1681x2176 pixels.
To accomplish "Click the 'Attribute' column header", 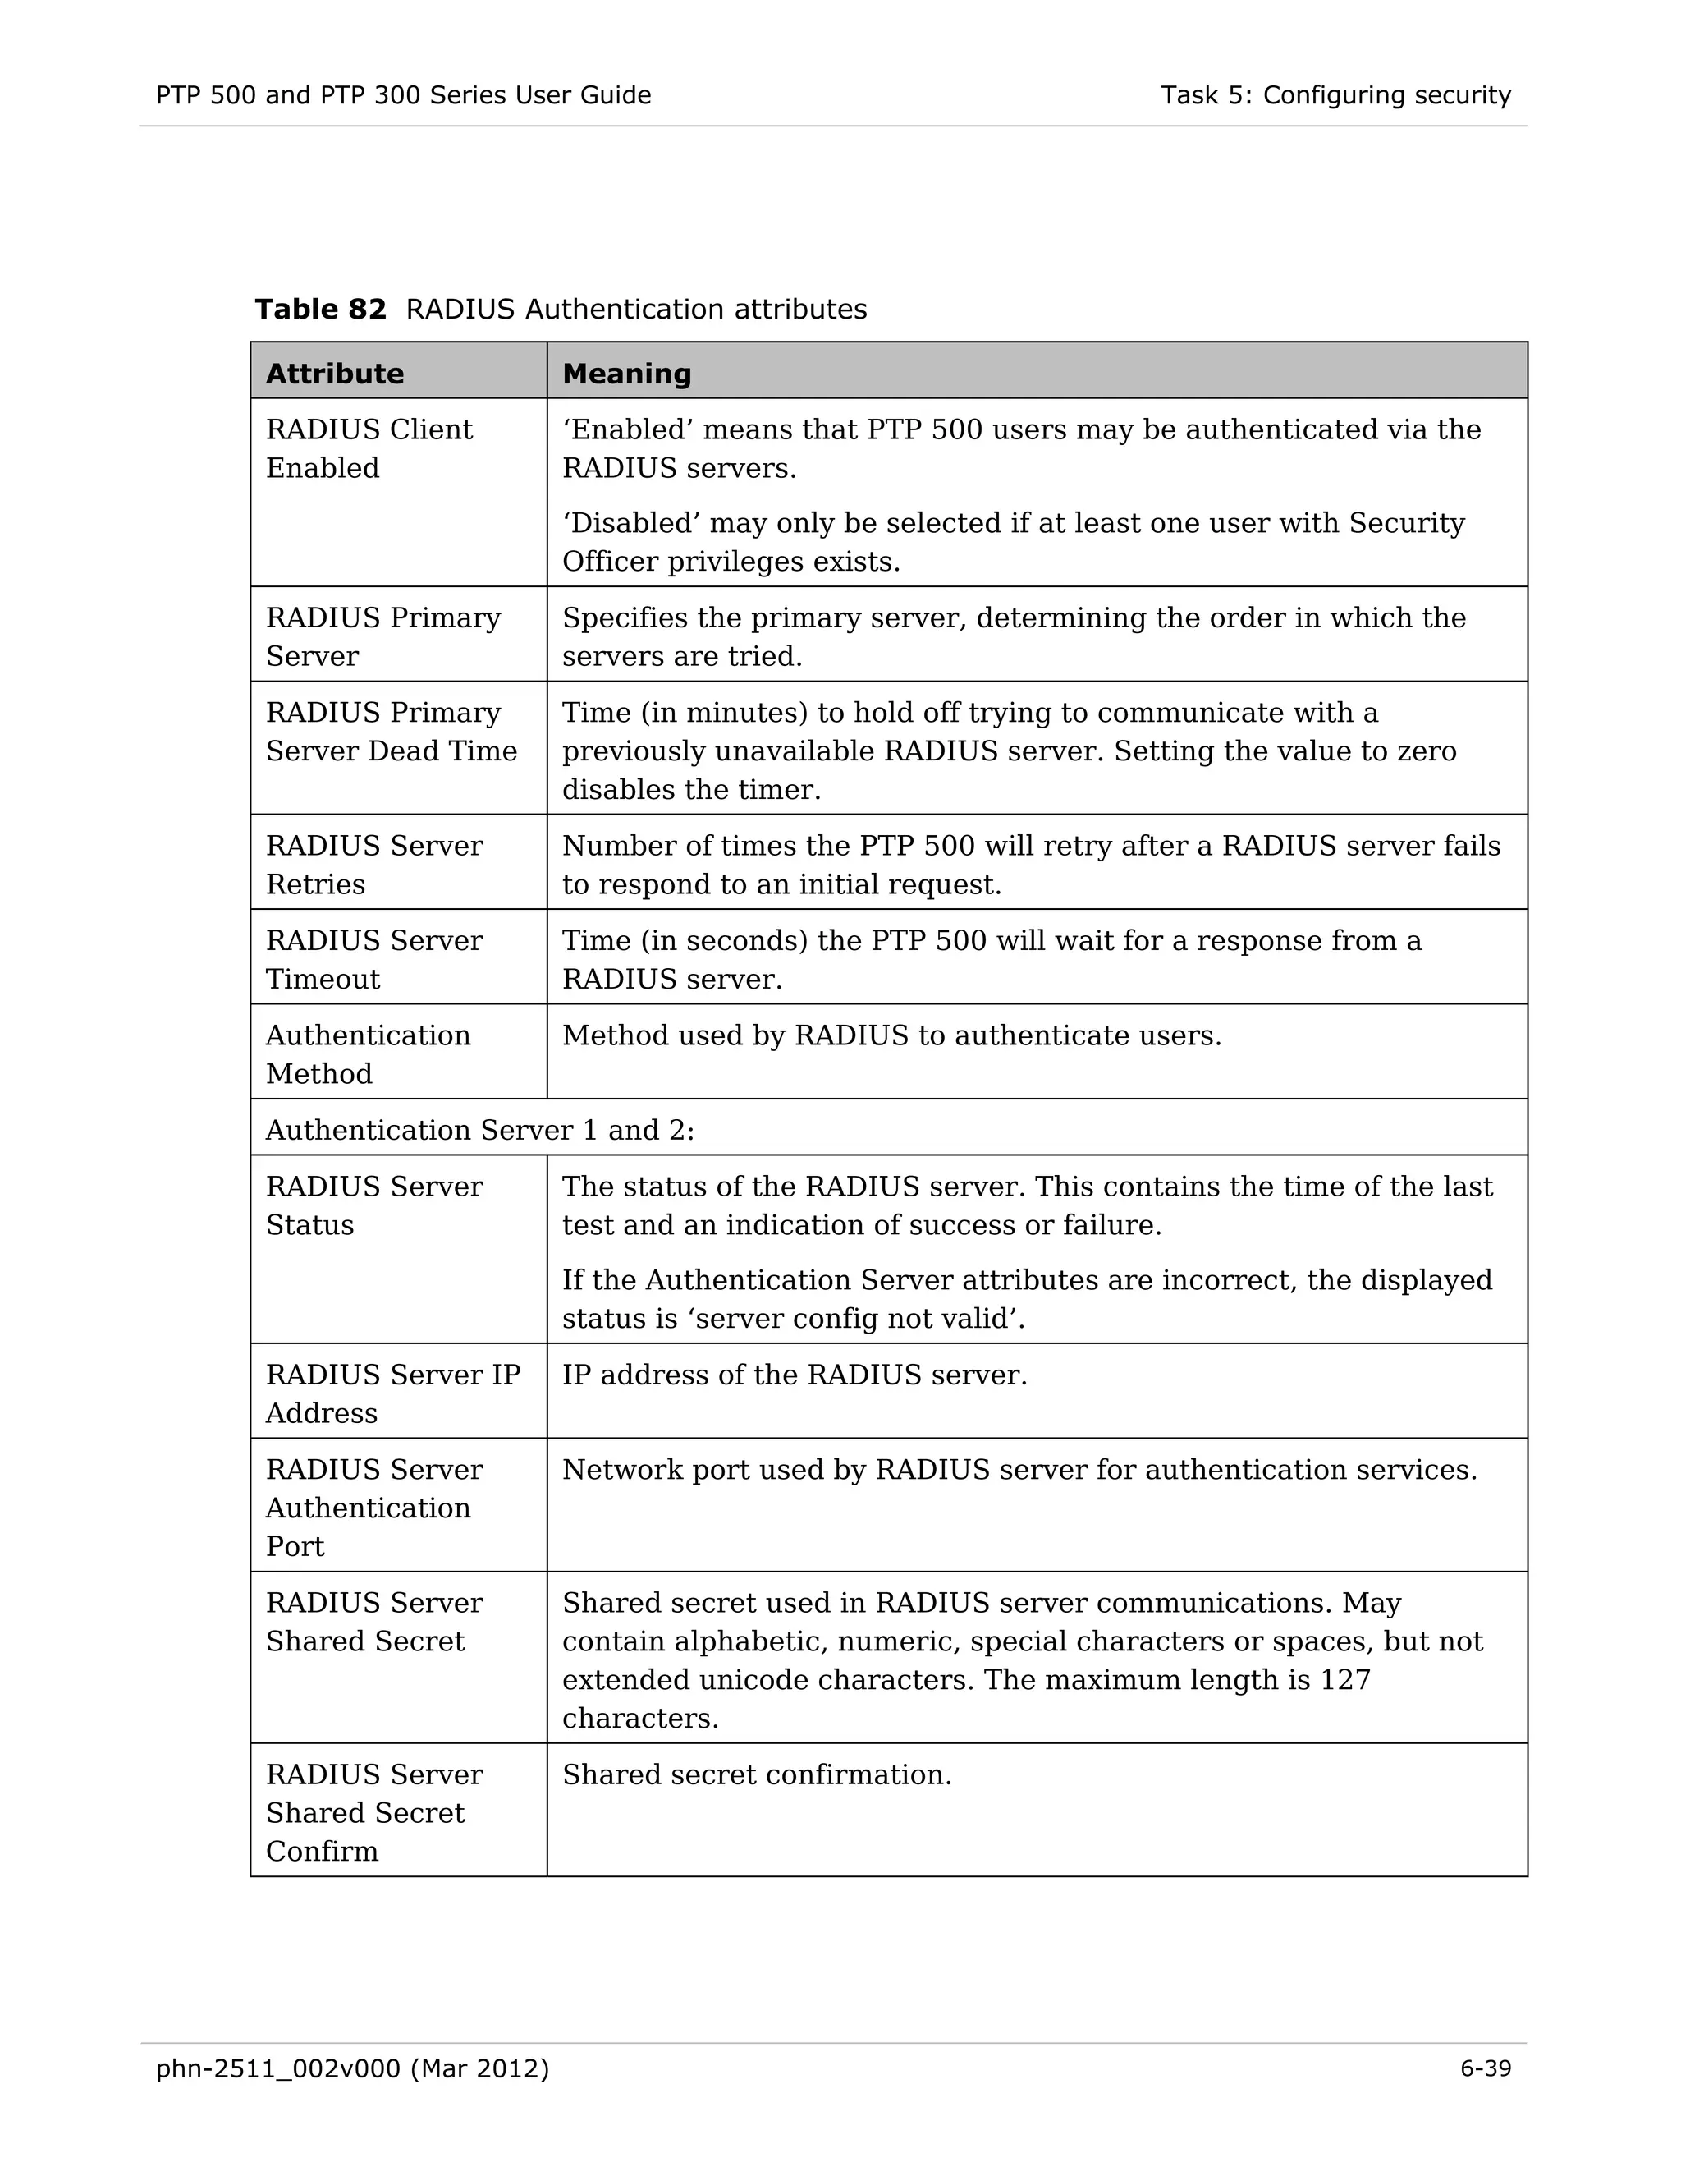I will tap(335, 374).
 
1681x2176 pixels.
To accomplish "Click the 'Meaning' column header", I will tap(626, 374).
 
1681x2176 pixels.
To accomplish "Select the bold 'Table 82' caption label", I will tap(319, 309).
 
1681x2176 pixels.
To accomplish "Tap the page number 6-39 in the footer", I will tap(1485, 2068).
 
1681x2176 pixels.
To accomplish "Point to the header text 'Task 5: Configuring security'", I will tap(1335, 95).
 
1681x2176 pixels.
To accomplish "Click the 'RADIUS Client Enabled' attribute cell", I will tap(369, 448).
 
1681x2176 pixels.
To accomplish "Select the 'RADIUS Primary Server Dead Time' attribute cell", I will tap(391, 732).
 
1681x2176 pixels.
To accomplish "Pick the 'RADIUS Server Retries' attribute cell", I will tap(373, 864).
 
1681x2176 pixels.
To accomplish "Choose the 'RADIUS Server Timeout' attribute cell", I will tap(373, 958).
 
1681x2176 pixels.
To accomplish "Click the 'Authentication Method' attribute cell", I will tap(368, 1054).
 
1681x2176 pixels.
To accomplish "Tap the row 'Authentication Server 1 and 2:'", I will tap(480, 1130).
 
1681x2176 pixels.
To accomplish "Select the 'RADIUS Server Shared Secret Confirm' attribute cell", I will tap(373, 1812).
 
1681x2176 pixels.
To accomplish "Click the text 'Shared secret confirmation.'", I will tap(757, 1774).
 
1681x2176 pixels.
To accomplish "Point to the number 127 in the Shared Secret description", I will tap(1344, 1680).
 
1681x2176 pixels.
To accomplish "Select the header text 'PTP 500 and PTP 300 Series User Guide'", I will tap(403, 95).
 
